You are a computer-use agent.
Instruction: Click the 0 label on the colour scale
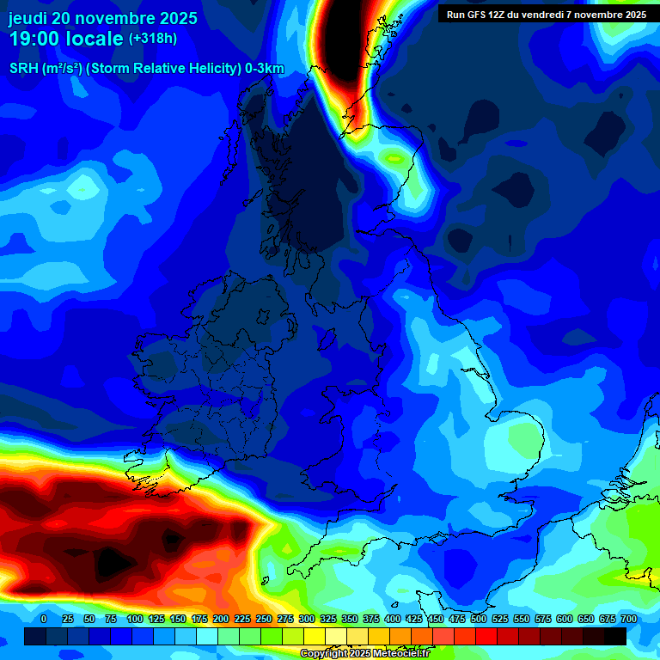[x=43, y=619]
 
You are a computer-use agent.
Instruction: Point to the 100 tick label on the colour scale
[x=134, y=619]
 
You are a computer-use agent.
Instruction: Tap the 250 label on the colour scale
[x=263, y=619]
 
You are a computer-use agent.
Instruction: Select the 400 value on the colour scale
[x=392, y=619]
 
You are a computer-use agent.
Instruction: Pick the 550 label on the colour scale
[x=521, y=619]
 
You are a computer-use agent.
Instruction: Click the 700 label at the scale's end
[x=628, y=619]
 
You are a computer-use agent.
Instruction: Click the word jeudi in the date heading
[x=27, y=18]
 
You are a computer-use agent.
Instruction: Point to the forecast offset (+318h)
[x=153, y=39]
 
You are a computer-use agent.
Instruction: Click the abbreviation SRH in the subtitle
[x=23, y=69]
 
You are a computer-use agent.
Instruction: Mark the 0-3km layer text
[x=262, y=69]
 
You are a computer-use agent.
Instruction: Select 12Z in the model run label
[x=500, y=15]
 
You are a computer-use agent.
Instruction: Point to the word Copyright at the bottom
[x=326, y=654]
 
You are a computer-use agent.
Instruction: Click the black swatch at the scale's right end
[x=614, y=636]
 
